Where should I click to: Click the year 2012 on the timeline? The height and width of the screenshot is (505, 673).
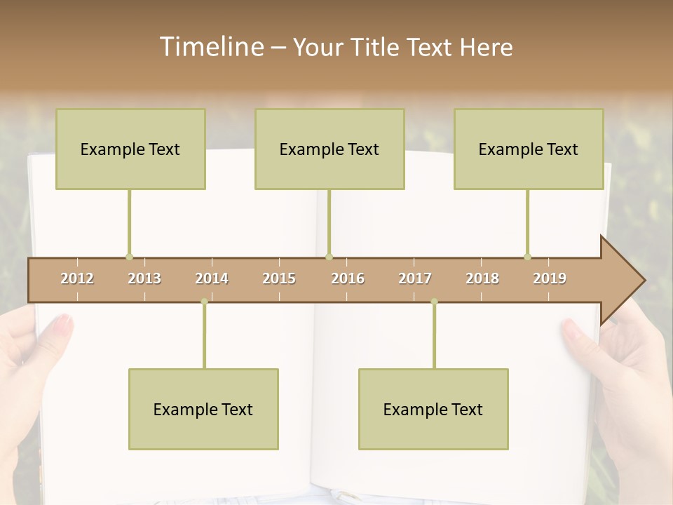tap(77, 278)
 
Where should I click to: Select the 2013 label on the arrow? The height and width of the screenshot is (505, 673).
tap(144, 278)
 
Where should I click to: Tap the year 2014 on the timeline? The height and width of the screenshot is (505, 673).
tap(212, 278)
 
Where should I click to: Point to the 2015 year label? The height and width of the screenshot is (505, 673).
tap(279, 278)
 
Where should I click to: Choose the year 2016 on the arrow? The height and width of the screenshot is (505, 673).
tap(348, 278)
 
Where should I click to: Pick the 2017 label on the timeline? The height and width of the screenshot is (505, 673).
tap(415, 278)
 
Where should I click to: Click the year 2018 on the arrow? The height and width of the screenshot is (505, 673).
tap(482, 278)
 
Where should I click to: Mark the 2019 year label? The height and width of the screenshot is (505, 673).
tap(550, 278)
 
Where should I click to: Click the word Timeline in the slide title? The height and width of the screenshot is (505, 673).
tap(210, 47)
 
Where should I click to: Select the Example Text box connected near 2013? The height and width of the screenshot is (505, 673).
tap(130, 149)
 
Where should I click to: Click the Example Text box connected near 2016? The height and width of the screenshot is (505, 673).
tap(329, 149)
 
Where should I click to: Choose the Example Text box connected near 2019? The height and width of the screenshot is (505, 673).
tap(529, 149)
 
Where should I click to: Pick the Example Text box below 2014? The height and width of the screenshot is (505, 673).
tap(203, 409)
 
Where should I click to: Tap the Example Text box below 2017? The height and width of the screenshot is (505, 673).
tap(433, 409)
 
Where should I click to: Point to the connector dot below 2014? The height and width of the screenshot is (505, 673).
tap(204, 302)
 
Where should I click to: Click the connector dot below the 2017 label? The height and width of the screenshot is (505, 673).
tap(434, 302)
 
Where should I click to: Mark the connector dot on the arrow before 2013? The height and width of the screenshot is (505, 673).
tap(129, 257)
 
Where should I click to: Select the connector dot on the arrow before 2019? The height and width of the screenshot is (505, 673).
tap(527, 257)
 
